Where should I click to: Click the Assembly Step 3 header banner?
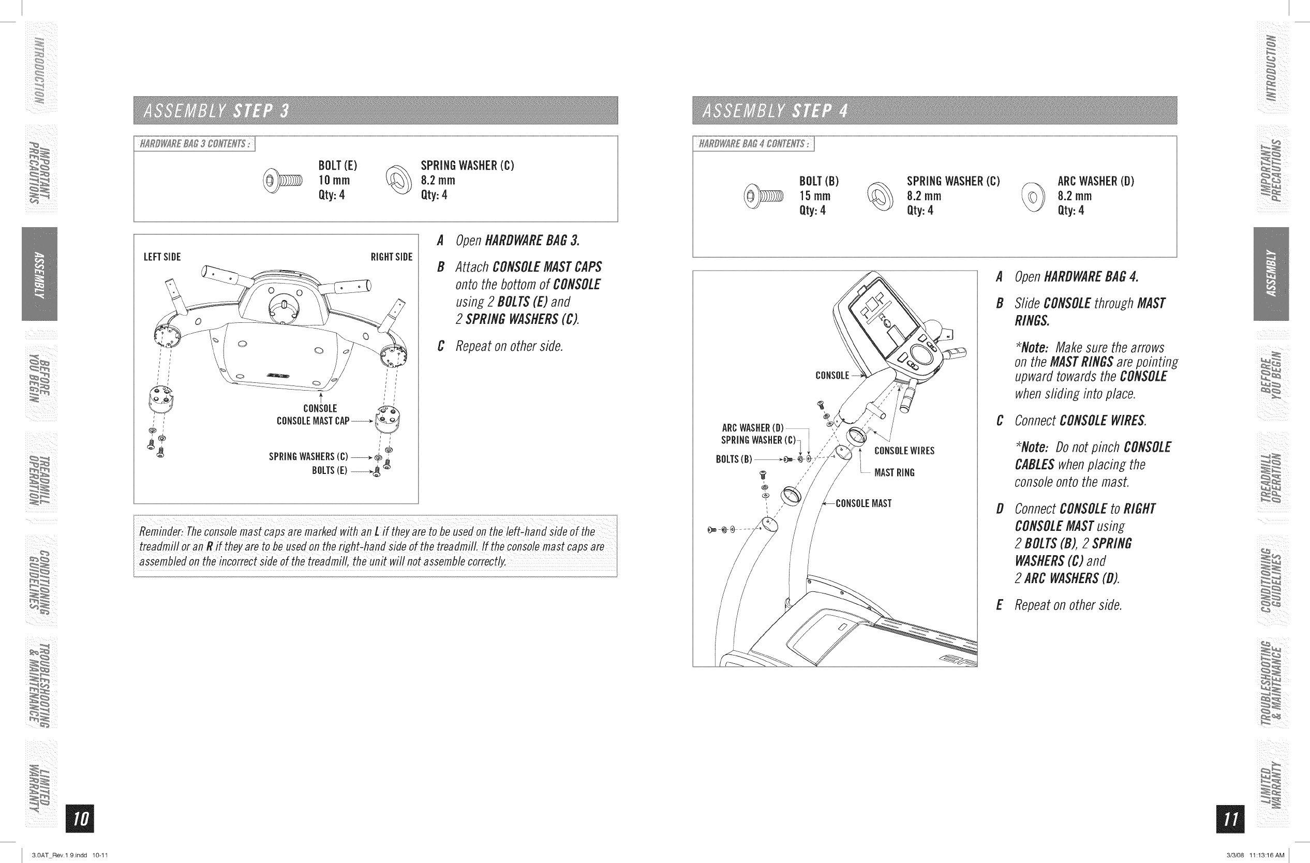click(376, 111)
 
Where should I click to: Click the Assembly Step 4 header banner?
click(934, 111)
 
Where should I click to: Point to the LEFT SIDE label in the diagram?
click(162, 257)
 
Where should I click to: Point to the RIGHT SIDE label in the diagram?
click(391, 257)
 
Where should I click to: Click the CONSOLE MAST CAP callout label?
click(312, 421)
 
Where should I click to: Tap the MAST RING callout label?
click(895, 473)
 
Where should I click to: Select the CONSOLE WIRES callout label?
click(904, 451)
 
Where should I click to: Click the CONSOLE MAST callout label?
click(863, 503)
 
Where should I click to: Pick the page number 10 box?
click(80, 819)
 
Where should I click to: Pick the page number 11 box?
click(1230, 819)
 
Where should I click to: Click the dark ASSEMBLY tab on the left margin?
click(40, 274)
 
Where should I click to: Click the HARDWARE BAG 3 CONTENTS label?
click(195, 144)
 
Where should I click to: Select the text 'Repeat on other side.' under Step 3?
click(509, 346)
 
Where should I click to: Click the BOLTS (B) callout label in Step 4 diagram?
click(734, 459)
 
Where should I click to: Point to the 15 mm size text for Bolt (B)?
click(815, 196)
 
